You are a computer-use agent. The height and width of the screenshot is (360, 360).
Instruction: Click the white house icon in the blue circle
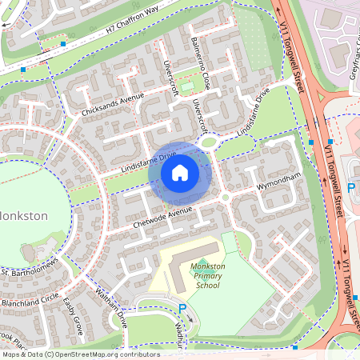180,172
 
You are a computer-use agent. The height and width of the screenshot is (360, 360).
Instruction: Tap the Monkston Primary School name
206,275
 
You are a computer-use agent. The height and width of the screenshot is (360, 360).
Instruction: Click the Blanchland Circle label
30,294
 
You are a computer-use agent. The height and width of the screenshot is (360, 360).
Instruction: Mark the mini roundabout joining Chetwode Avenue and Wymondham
226,197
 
